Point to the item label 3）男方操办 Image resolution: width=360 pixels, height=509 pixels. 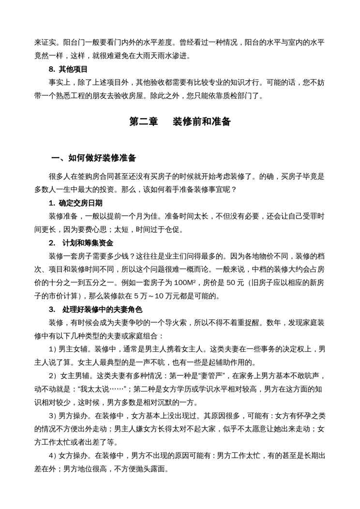click(69, 416)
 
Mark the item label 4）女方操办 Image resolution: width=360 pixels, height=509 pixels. click(69, 455)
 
